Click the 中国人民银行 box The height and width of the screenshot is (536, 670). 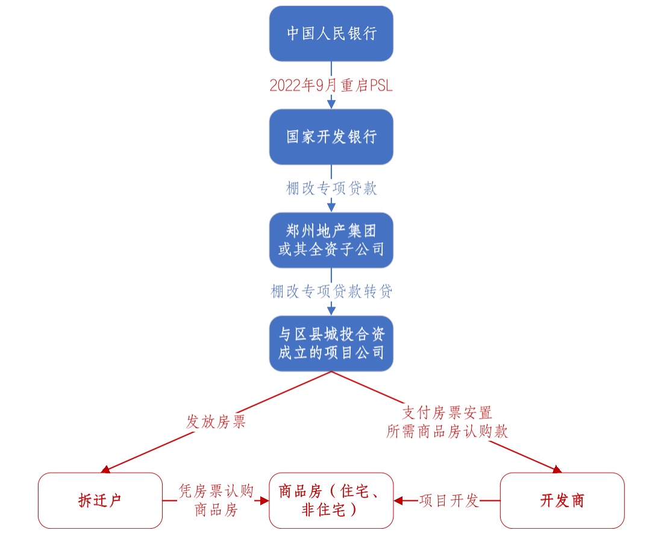coord(331,33)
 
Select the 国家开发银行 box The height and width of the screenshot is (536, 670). coord(331,137)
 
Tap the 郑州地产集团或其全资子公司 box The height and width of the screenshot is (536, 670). coord(331,240)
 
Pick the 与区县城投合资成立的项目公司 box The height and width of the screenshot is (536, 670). coord(331,343)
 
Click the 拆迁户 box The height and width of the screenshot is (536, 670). coord(100,500)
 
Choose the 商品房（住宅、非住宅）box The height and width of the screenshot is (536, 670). coord(331,500)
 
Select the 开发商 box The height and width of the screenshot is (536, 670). coord(562,500)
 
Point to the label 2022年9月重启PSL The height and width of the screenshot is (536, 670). coord(331,86)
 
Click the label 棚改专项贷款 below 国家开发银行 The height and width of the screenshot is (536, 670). coord(331,189)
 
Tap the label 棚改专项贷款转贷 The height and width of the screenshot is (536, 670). coord(331,291)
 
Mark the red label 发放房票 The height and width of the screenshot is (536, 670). coord(216,422)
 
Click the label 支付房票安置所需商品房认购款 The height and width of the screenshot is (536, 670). coord(447,422)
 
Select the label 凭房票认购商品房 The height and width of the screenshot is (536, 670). coord(216,500)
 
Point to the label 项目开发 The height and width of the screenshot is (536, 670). coord(449,500)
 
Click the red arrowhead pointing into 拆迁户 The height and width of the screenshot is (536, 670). coord(105,470)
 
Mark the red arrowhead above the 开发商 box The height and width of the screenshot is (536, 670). coord(557,470)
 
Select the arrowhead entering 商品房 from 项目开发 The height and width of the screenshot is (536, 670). coord(398,500)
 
